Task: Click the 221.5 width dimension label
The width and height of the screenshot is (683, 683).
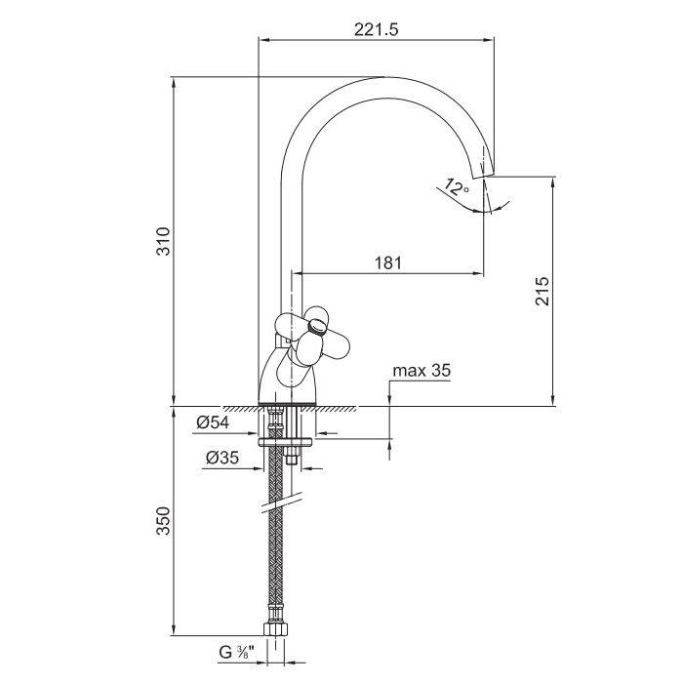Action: [x=376, y=29]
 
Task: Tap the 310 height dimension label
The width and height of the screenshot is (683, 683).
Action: [x=164, y=241]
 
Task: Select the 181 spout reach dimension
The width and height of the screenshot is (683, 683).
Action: [x=388, y=262]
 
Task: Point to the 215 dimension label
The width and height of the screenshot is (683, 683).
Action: [x=542, y=291]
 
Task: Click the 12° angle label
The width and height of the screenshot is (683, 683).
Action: [x=456, y=187]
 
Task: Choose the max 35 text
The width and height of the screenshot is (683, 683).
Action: [x=422, y=370]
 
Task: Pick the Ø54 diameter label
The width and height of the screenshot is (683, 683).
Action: [x=213, y=422]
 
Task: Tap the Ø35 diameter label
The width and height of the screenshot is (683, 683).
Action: [x=222, y=458]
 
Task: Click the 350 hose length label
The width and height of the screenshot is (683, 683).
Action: [x=164, y=520]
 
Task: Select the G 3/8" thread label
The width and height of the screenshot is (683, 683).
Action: [x=236, y=652]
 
